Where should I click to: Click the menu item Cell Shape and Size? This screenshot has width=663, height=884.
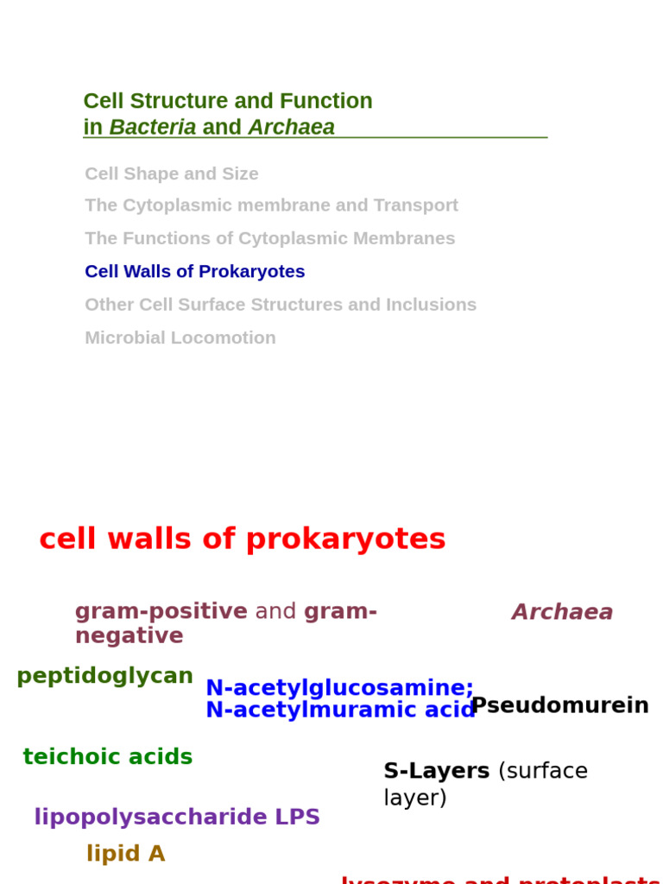171,174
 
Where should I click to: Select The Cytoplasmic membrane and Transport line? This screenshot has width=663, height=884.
271,205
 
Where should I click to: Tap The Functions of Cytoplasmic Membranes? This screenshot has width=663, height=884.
269,238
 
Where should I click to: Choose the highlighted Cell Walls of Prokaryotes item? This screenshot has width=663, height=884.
194,271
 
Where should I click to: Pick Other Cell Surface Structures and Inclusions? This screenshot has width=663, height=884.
280,305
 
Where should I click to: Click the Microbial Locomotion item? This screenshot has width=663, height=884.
180,338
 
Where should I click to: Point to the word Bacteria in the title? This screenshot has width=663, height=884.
152,127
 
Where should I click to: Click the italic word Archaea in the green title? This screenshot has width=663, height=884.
291,127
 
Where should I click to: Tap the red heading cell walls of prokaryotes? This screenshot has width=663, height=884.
242,539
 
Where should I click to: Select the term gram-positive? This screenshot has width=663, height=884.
161,611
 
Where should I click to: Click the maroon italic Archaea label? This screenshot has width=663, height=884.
562,612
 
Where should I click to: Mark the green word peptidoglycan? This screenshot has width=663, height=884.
104,676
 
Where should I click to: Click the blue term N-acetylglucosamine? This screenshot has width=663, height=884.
338,688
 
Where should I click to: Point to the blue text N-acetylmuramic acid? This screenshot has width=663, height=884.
340,710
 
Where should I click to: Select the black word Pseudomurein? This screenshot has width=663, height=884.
559,705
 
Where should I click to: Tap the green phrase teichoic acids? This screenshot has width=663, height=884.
107,757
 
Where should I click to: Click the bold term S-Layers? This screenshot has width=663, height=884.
436,771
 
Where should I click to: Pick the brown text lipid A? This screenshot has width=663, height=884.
125,854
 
